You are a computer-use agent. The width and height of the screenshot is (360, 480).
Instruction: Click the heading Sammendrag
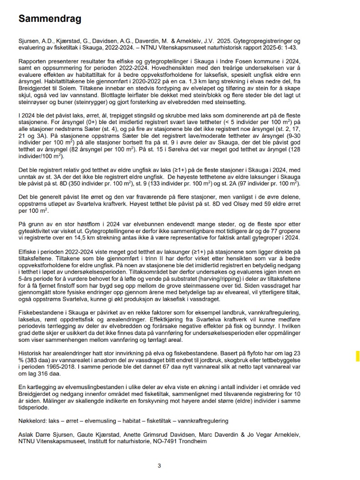click(50, 19)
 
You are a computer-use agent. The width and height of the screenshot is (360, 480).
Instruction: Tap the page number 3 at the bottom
click(159, 465)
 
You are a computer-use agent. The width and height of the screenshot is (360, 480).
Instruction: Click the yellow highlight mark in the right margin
click(357, 355)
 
